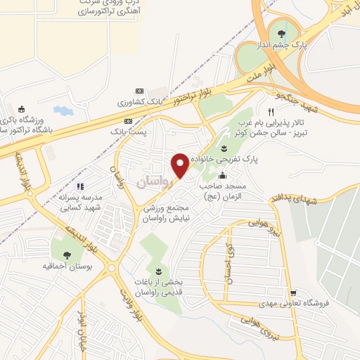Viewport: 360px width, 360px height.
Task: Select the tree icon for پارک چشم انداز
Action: pyautogui.click(x=281, y=32)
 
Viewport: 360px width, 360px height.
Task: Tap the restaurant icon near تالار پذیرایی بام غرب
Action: pyautogui.click(x=271, y=112)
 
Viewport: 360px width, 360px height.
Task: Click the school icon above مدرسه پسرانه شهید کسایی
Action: pyautogui.click(x=79, y=187)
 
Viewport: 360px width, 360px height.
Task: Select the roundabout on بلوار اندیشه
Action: pyautogui.click(x=112, y=269)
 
